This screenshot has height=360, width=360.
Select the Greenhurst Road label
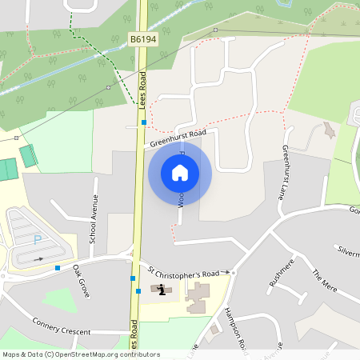(x=178, y=138)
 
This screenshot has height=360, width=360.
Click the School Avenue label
(x=94, y=219)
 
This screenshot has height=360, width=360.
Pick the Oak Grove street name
(x=82, y=281)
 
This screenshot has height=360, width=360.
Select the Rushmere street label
(x=282, y=271)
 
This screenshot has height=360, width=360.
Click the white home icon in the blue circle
(x=180, y=173)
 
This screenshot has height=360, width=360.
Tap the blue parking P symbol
(x=37, y=239)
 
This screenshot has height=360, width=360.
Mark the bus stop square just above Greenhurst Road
(x=144, y=122)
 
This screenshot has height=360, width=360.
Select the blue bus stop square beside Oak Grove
(x=58, y=268)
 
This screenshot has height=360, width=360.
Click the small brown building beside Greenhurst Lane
(x=329, y=130)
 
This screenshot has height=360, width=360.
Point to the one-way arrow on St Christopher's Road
(x=226, y=272)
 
